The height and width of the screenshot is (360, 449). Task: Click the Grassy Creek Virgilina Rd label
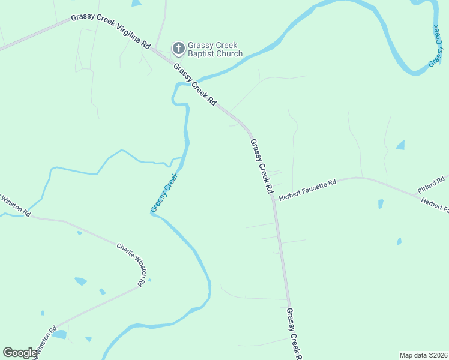pos(110,29)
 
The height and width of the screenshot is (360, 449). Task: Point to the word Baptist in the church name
pos(205,54)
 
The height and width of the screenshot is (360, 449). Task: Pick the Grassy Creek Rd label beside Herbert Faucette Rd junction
pos(262,166)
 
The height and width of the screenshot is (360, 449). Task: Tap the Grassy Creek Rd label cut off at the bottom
pos(294,334)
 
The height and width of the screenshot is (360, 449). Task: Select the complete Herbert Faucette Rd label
pos(308,184)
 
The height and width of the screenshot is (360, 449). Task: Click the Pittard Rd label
pos(431,184)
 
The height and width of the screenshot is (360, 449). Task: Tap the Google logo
pos(20,353)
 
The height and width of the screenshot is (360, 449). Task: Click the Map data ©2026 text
pos(423,355)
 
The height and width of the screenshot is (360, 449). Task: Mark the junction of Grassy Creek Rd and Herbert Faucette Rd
pos(273,196)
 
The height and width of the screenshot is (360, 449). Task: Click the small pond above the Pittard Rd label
pos(400,145)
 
